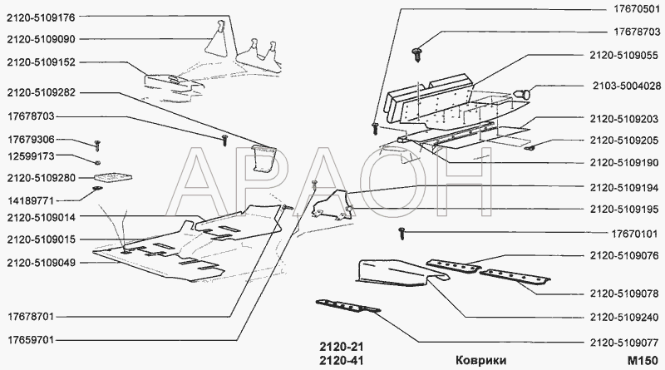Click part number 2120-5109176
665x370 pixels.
[41, 17]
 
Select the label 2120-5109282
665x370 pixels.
[41, 93]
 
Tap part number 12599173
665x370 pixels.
[31, 156]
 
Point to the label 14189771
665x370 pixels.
[31, 200]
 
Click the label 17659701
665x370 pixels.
[31, 340]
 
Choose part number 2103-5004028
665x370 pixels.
[627, 86]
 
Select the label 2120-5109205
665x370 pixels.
[624, 141]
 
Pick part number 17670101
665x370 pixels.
[634, 234]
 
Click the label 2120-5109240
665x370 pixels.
[624, 318]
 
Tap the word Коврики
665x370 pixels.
[481, 361]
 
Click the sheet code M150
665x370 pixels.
[643, 361]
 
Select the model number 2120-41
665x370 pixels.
[342, 361]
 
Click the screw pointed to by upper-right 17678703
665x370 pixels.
[416, 54]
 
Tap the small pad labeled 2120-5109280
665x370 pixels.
[112, 177]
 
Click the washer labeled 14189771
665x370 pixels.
[96, 188]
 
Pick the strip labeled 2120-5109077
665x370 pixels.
[347, 306]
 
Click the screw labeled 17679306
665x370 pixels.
[97, 145]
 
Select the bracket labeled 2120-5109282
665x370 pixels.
[264, 158]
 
